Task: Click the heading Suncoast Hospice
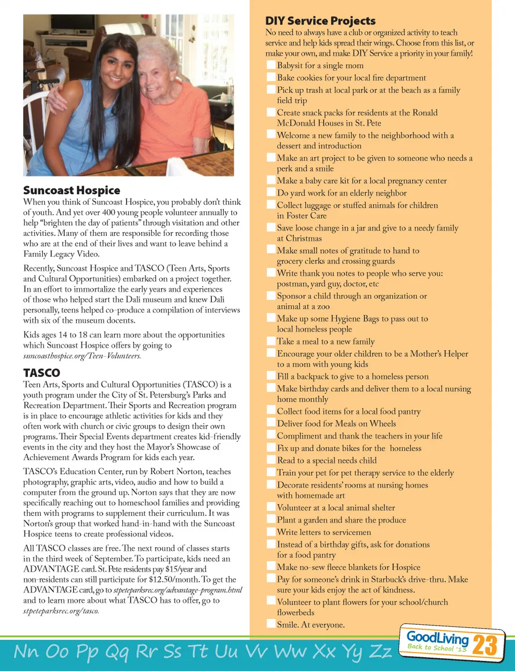pyautogui.click(x=71, y=190)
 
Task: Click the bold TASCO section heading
pyautogui.click(x=41, y=373)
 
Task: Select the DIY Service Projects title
pyautogui.click(x=320, y=21)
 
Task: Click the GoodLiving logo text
pyautogui.click(x=437, y=637)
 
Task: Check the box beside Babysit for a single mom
pyautogui.click(x=271, y=65)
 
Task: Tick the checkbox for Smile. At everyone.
pyautogui.click(x=271, y=624)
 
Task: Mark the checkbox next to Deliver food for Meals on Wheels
pyautogui.click(x=271, y=423)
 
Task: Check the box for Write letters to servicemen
pyautogui.click(x=271, y=532)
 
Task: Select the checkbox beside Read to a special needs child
pyautogui.click(x=271, y=460)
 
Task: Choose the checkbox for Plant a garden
pyautogui.click(x=271, y=519)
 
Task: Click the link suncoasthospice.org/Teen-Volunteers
pyautogui.click(x=82, y=356)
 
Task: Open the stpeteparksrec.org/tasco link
pyautogui.click(x=61, y=611)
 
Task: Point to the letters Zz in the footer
pyautogui.click(x=380, y=651)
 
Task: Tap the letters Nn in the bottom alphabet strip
pyautogui.click(x=26, y=651)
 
